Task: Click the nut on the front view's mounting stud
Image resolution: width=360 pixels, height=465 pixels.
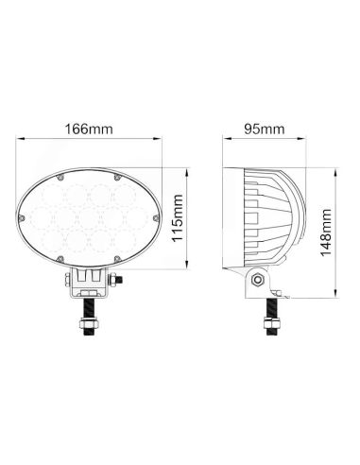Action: coord(89,327)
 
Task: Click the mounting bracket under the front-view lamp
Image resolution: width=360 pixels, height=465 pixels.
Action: coord(89,281)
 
